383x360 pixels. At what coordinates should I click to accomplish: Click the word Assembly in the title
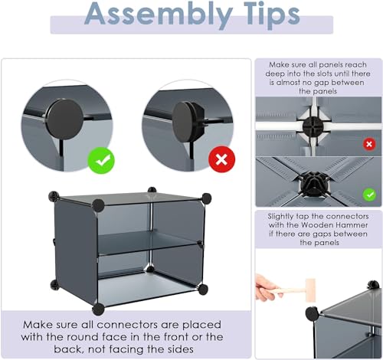(159, 15)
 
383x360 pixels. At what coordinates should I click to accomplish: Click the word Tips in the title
(272, 15)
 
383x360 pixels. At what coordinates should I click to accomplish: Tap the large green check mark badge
(101, 160)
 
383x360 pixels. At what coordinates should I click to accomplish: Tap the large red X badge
(221, 159)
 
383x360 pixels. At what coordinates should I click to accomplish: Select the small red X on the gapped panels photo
(369, 144)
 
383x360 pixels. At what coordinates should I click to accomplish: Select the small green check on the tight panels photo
(369, 195)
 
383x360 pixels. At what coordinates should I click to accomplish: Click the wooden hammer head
(311, 290)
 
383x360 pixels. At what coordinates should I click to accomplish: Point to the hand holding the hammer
(266, 287)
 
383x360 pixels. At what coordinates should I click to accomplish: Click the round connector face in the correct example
(65, 119)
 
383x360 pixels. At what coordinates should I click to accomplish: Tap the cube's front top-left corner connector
(98, 205)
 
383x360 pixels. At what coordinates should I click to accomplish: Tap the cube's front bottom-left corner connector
(98, 309)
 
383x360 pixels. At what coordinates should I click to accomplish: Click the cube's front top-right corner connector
(206, 198)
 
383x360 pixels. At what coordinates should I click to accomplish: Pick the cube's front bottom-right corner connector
(203, 290)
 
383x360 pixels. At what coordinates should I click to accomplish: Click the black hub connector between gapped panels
(313, 127)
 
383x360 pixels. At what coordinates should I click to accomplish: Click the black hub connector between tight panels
(314, 182)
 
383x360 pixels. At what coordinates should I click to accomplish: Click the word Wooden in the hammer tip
(316, 225)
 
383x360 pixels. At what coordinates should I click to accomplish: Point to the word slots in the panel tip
(324, 74)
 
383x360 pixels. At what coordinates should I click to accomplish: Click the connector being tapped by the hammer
(312, 313)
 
